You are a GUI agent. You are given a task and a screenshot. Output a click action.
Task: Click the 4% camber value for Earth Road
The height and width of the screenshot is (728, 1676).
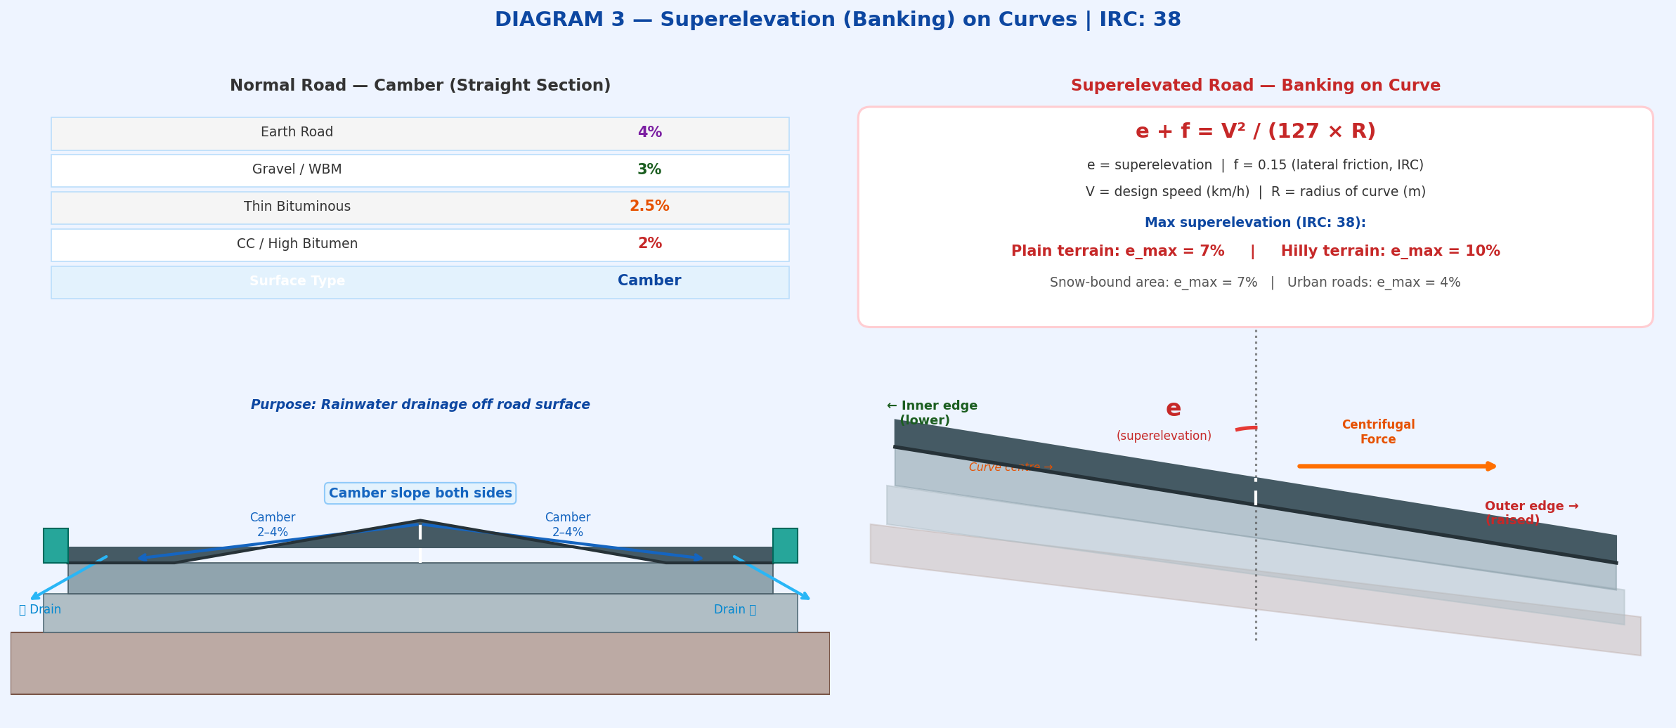pos(649,133)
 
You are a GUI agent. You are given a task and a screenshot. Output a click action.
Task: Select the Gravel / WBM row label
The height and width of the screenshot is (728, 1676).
pos(297,170)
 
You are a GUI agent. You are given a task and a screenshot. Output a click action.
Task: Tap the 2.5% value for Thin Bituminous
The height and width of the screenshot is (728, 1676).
pos(649,207)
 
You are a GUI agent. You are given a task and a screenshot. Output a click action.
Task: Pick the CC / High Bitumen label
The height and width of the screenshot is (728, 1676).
pos(297,245)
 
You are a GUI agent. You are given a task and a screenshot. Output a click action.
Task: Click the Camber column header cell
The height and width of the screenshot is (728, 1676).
pos(649,281)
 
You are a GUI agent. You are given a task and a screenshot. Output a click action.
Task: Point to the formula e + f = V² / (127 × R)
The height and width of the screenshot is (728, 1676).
pos(1255,132)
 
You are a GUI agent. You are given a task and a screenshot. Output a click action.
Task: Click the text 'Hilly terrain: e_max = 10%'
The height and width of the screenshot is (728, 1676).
pos(1390,252)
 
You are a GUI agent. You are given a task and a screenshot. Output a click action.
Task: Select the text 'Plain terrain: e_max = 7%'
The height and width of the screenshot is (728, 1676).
pos(1117,252)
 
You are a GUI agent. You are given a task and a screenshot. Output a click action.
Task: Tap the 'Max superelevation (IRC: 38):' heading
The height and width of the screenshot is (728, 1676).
pos(1255,223)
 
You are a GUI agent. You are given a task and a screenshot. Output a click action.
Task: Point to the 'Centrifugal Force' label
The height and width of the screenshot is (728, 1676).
pos(1378,432)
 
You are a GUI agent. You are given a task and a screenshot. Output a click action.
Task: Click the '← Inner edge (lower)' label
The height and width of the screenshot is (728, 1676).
pos(931,413)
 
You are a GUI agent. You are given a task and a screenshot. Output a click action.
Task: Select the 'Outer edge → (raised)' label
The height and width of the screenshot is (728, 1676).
pos(1531,513)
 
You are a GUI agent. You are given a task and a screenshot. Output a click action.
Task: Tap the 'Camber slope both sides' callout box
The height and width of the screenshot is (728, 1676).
pos(420,493)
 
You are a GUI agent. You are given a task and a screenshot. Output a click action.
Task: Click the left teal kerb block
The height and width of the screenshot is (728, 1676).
pos(56,545)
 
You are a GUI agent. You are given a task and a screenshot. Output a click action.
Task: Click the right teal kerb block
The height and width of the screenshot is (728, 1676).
pos(785,545)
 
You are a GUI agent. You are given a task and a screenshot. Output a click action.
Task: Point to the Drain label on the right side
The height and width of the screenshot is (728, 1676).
pos(734,610)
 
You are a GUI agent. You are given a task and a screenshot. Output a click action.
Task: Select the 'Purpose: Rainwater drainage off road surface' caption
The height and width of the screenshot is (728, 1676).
pos(420,405)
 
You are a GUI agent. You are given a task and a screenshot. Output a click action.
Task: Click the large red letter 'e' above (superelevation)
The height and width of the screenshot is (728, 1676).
pos(1173,409)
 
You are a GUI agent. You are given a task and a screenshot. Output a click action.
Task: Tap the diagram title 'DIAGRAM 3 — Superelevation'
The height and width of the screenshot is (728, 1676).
pos(838,20)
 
